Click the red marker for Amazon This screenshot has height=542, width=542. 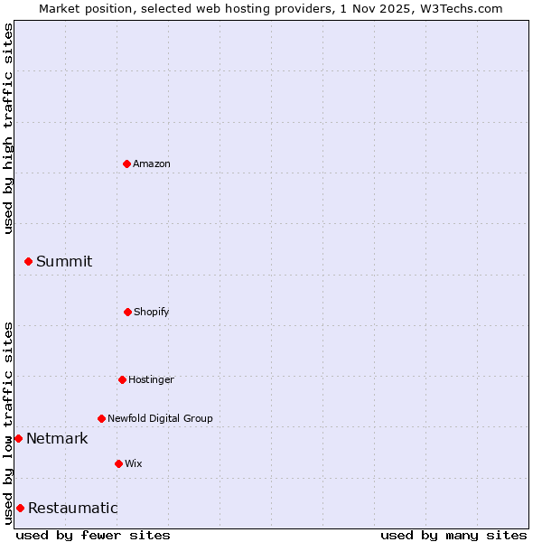click(x=126, y=164)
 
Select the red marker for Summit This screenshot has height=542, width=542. click(x=28, y=261)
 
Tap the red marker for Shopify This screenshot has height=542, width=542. click(x=127, y=312)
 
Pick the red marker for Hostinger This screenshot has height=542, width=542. click(x=122, y=379)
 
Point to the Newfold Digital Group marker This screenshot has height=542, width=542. click(x=101, y=418)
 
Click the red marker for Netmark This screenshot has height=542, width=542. click(x=18, y=438)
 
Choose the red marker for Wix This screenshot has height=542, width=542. click(x=118, y=463)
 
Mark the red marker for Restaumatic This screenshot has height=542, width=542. click(x=20, y=508)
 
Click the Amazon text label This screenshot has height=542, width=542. click(x=152, y=164)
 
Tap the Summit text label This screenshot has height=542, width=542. click(x=64, y=261)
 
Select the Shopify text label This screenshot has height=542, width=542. click(x=152, y=312)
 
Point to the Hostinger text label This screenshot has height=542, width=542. click(x=151, y=379)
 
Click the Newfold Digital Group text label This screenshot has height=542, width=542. click(x=160, y=418)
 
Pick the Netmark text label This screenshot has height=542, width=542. click(x=57, y=438)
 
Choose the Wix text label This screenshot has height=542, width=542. click(x=134, y=463)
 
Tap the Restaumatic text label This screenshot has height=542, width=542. click(x=73, y=508)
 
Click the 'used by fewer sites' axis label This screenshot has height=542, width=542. click(x=93, y=535)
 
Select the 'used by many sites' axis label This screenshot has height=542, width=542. click(x=453, y=535)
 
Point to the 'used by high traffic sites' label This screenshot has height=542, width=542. click(x=8, y=128)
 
